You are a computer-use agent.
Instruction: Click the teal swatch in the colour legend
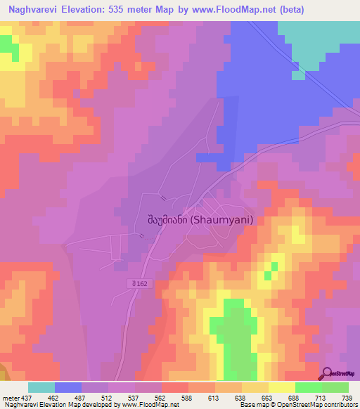pyautogui.click(x=41, y=387)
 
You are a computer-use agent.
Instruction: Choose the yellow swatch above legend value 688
pyautogui.click(x=282, y=387)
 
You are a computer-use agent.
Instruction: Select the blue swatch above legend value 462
pyautogui.click(x=68, y=387)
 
